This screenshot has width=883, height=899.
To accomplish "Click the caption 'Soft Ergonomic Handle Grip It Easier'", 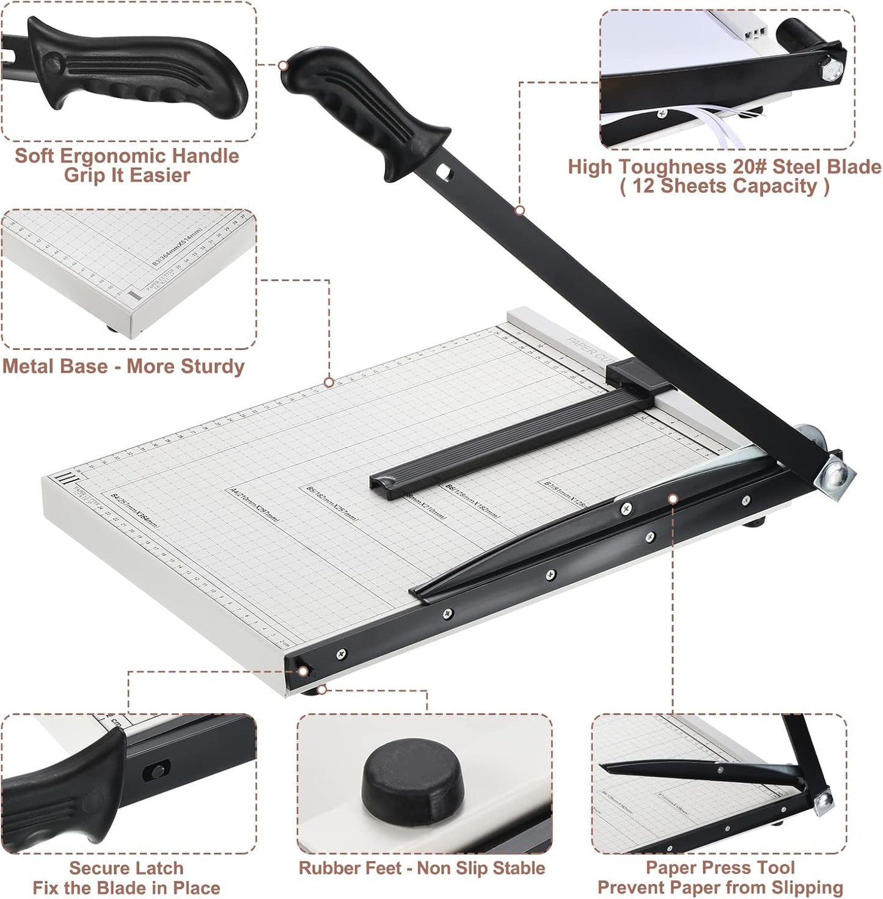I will pos(127,165).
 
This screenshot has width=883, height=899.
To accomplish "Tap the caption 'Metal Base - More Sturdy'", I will pos(123,366).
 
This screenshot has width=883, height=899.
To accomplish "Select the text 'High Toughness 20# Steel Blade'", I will pos(725,167).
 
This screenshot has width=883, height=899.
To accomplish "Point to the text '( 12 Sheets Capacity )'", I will pos(725,186).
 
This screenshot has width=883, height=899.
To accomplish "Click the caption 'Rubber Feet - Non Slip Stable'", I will pos(422,868).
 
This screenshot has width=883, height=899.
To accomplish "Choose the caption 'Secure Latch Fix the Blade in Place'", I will pos(126,878).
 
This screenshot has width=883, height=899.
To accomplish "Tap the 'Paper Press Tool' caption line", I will pos(720,867).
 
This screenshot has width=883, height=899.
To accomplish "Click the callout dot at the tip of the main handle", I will pos(283,65).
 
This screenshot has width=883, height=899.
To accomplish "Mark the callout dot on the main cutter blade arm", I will pos(520,211).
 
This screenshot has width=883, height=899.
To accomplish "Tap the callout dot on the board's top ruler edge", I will pos(329,382).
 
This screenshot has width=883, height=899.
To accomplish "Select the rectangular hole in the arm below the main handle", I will pos(447,173).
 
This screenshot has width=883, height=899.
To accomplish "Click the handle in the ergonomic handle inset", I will pos(141,73).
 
